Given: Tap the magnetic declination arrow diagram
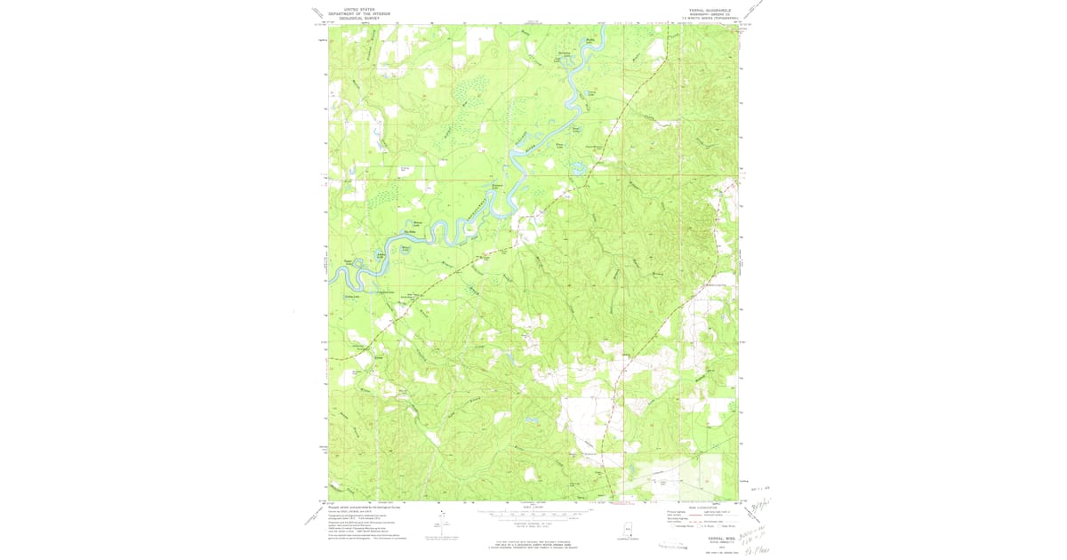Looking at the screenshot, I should click(x=437, y=526).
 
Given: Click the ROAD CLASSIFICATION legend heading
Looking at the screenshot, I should click(x=695, y=508).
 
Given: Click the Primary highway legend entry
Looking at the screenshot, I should click(x=667, y=513).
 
